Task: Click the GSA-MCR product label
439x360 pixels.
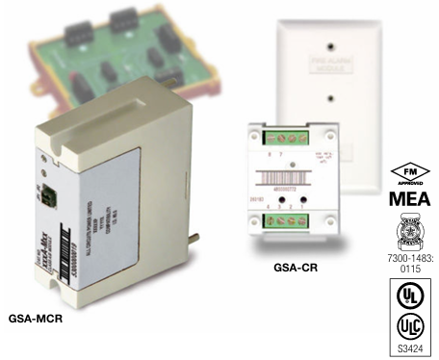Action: click(x=37, y=314)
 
